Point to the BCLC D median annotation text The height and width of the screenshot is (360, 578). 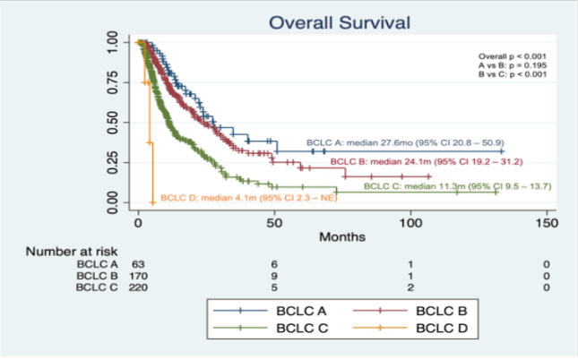click(243, 198)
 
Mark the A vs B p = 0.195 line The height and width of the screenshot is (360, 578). click(504, 66)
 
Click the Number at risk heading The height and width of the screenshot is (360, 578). click(68, 253)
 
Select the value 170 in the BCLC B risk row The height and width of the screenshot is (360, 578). click(140, 277)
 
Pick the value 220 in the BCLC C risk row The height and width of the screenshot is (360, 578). click(140, 288)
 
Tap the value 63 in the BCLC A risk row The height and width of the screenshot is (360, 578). click(138, 265)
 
